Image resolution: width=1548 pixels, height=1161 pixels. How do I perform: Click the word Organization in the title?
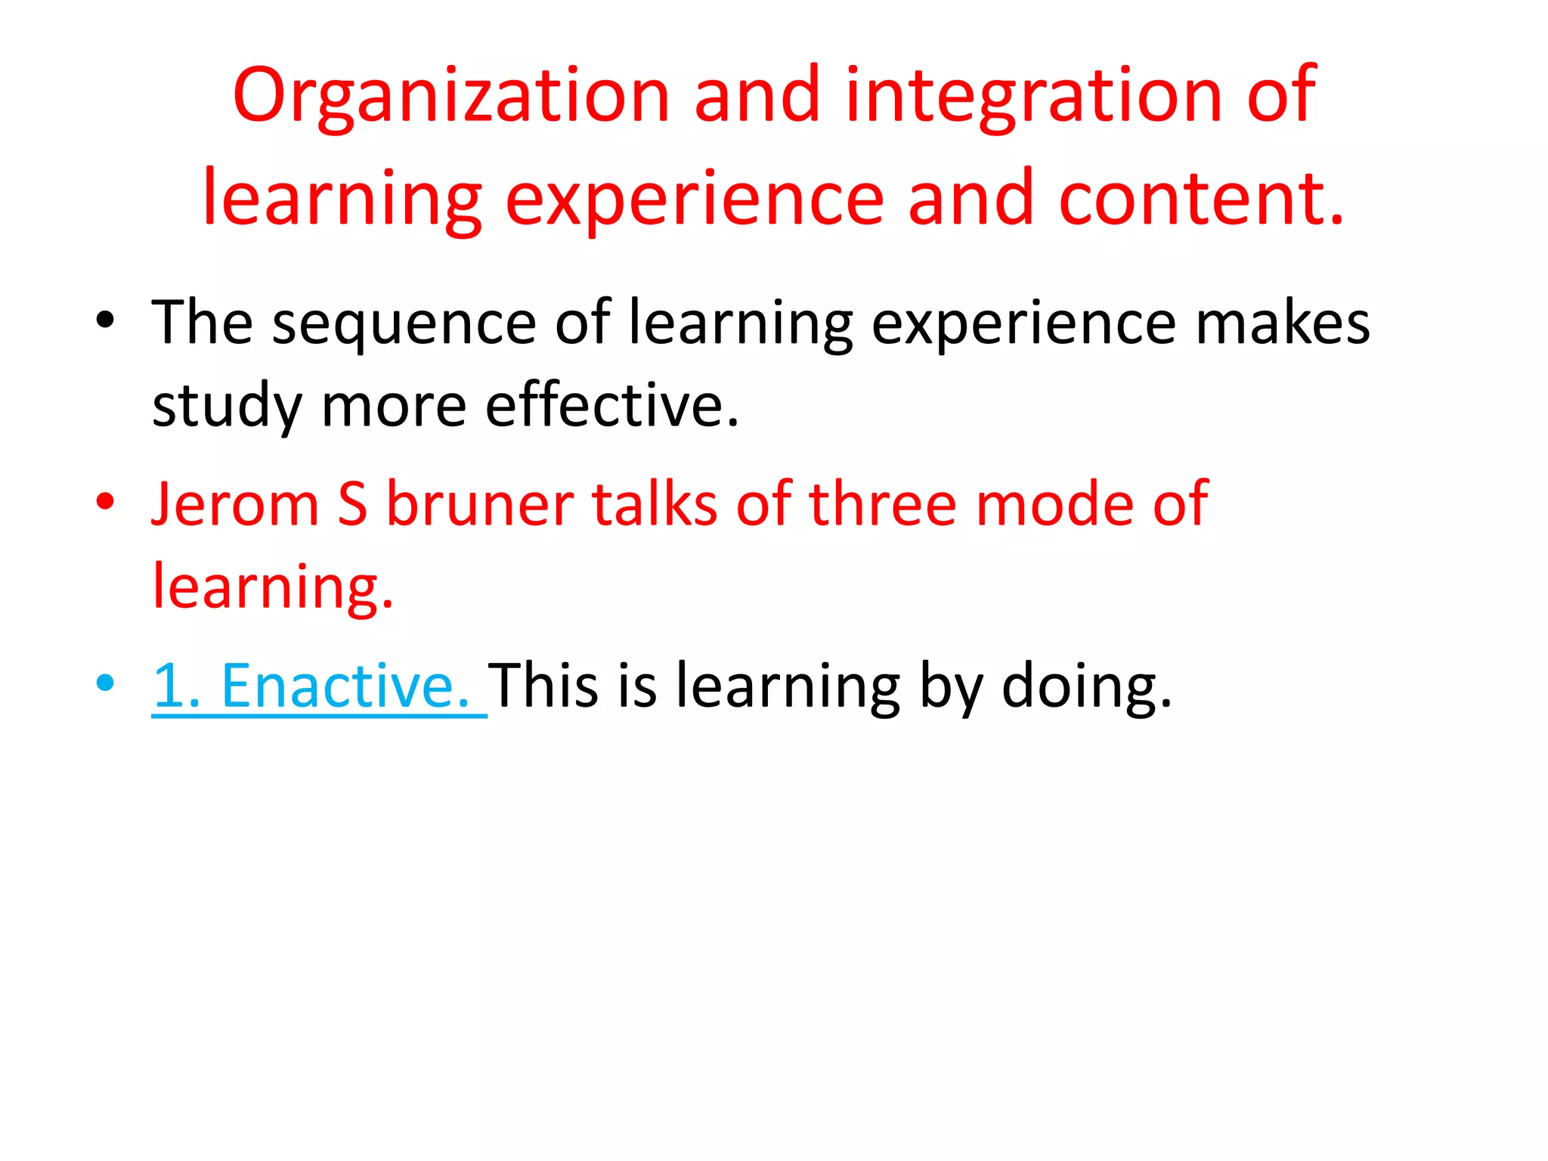pyautogui.click(x=451, y=97)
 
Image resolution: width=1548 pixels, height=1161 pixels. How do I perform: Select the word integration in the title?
pyautogui.click(x=1033, y=97)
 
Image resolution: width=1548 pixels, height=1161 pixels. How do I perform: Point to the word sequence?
pyautogui.click(x=404, y=324)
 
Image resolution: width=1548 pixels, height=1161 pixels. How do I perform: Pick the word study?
pyautogui.click(x=227, y=407)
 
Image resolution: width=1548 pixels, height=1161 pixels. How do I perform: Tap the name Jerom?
pyautogui.click(x=235, y=504)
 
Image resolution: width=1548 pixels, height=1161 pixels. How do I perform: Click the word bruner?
pyautogui.click(x=480, y=504)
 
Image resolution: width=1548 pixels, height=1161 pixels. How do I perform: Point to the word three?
pyautogui.click(x=883, y=504)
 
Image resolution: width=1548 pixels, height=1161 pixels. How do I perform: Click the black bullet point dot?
pyautogui.click(x=105, y=320)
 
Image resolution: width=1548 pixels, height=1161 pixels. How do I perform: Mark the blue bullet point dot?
pyautogui.click(x=105, y=683)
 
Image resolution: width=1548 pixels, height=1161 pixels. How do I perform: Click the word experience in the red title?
pyautogui.click(x=694, y=198)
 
